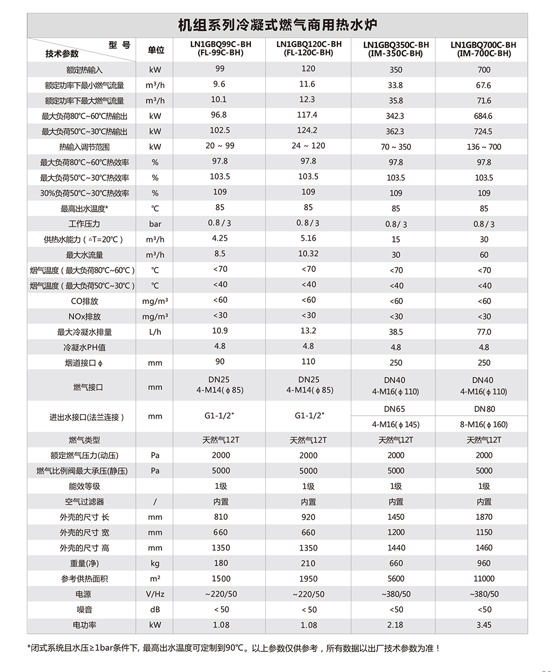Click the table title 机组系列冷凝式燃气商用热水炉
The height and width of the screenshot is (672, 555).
277,26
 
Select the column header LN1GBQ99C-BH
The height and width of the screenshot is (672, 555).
220,44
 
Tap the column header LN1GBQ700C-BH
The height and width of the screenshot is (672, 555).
483,45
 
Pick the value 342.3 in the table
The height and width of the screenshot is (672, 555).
395,116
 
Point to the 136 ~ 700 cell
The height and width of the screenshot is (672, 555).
483,147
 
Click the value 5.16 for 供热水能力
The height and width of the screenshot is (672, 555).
308,238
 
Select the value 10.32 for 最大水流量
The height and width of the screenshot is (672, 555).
308,254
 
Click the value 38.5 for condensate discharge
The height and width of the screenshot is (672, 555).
395,332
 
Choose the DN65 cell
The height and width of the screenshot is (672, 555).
394,409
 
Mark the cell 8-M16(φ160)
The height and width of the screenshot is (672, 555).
483,425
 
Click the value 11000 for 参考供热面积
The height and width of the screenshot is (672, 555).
483,578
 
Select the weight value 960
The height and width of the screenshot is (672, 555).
483,563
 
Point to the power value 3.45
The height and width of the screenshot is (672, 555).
483,625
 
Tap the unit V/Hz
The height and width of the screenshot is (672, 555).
155,594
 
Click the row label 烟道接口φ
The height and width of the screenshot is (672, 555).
84,363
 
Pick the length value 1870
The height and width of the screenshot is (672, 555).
483,517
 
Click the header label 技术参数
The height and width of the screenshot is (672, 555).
62,54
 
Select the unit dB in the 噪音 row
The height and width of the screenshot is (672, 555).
155,609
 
